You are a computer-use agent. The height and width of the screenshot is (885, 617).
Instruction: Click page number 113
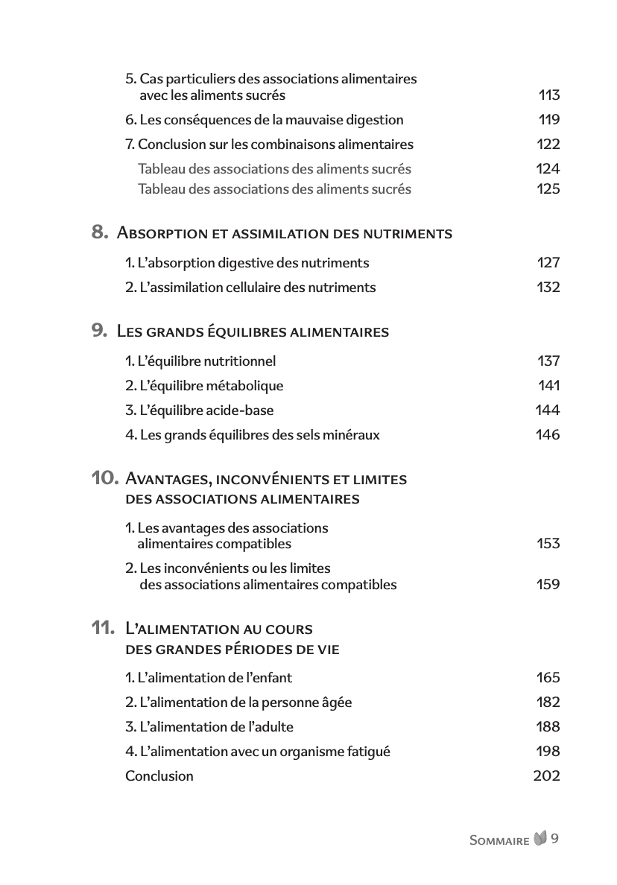point(548,95)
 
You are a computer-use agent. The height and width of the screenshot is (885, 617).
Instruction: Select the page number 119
point(549,120)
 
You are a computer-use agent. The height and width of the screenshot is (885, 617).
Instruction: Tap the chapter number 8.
point(100,232)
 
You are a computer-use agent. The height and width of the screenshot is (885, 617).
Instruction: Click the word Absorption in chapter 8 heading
point(162,234)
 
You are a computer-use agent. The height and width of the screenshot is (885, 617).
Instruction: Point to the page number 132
point(548,288)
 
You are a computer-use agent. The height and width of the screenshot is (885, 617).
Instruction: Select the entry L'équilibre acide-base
point(199,410)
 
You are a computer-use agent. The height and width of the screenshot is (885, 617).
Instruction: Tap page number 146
point(548,435)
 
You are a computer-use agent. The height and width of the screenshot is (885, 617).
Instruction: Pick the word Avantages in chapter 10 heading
point(171,479)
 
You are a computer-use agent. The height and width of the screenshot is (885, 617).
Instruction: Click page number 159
point(548,585)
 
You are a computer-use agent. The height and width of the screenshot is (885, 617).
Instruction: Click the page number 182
point(548,702)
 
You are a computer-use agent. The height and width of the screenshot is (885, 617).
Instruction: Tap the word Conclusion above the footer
point(159,776)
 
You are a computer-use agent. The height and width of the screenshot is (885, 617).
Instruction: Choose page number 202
point(546,776)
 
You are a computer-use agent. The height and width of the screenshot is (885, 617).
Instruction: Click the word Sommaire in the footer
point(499,840)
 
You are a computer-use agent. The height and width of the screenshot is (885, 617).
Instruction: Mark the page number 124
point(548,169)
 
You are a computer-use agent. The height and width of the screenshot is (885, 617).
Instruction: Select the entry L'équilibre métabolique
point(204,386)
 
